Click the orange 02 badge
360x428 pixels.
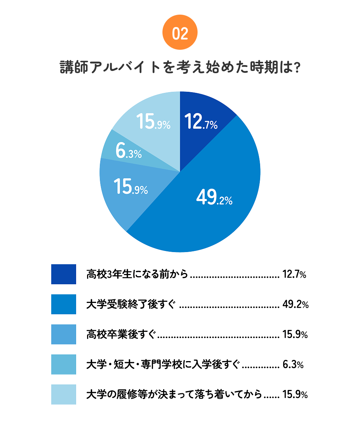point(180,34)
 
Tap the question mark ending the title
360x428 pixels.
point(297,68)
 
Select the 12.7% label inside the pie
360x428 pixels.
point(201,122)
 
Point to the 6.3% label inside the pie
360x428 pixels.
point(128,151)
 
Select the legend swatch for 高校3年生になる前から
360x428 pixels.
point(64,274)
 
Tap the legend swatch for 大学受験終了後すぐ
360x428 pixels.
point(64,304)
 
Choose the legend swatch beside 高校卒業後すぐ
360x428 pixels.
point(64,334)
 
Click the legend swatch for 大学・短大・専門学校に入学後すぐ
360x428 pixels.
point(64,364)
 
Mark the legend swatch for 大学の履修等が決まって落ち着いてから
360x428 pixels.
point(64,394)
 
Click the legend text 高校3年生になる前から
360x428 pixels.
point(137,274)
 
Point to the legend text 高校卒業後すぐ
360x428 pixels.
point(121,334)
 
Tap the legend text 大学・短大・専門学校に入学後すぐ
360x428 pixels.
point(164,364)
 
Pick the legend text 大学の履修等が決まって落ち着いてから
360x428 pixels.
point(174,394)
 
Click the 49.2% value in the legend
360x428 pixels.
point(296,304)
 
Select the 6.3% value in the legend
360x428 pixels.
point(293,364)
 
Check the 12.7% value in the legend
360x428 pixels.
point(294,274)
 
